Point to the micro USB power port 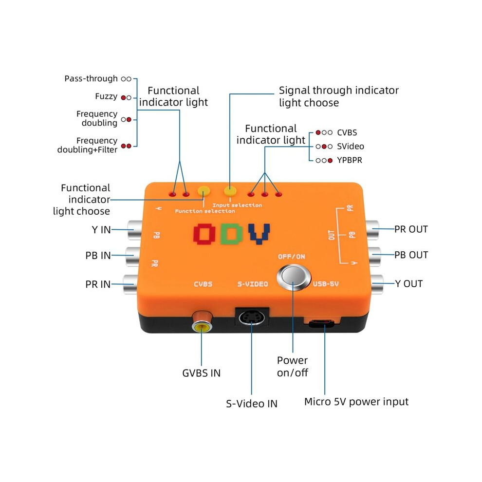[321, 323]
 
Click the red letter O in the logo [204, 234]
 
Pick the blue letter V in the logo [259, 234]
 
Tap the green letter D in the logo [231, 234]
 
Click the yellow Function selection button [204, 191]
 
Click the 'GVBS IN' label [202, 373]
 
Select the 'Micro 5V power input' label [356, 402]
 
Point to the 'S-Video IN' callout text [251, 404]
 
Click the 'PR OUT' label [411, 229]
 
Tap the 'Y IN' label [101, 230]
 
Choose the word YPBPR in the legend [350, 160]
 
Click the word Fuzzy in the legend [106, 96]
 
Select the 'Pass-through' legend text [91, 79]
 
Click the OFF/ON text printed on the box [292, 257]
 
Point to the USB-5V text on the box [326, 284]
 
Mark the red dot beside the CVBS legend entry [318, 132]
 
